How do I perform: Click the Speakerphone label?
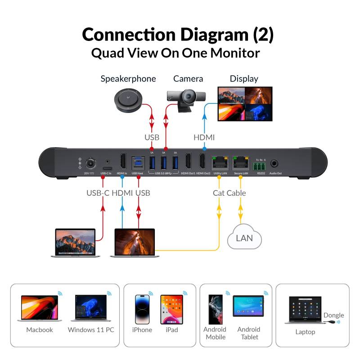coord(128,79)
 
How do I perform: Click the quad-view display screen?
coord(245,104)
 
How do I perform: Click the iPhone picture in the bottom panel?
coord(142,309)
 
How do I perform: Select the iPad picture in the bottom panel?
coord(172,309)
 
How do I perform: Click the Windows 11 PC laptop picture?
coord(90,308)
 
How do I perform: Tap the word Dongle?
coord(333,315)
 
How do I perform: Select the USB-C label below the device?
coord(97,193)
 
